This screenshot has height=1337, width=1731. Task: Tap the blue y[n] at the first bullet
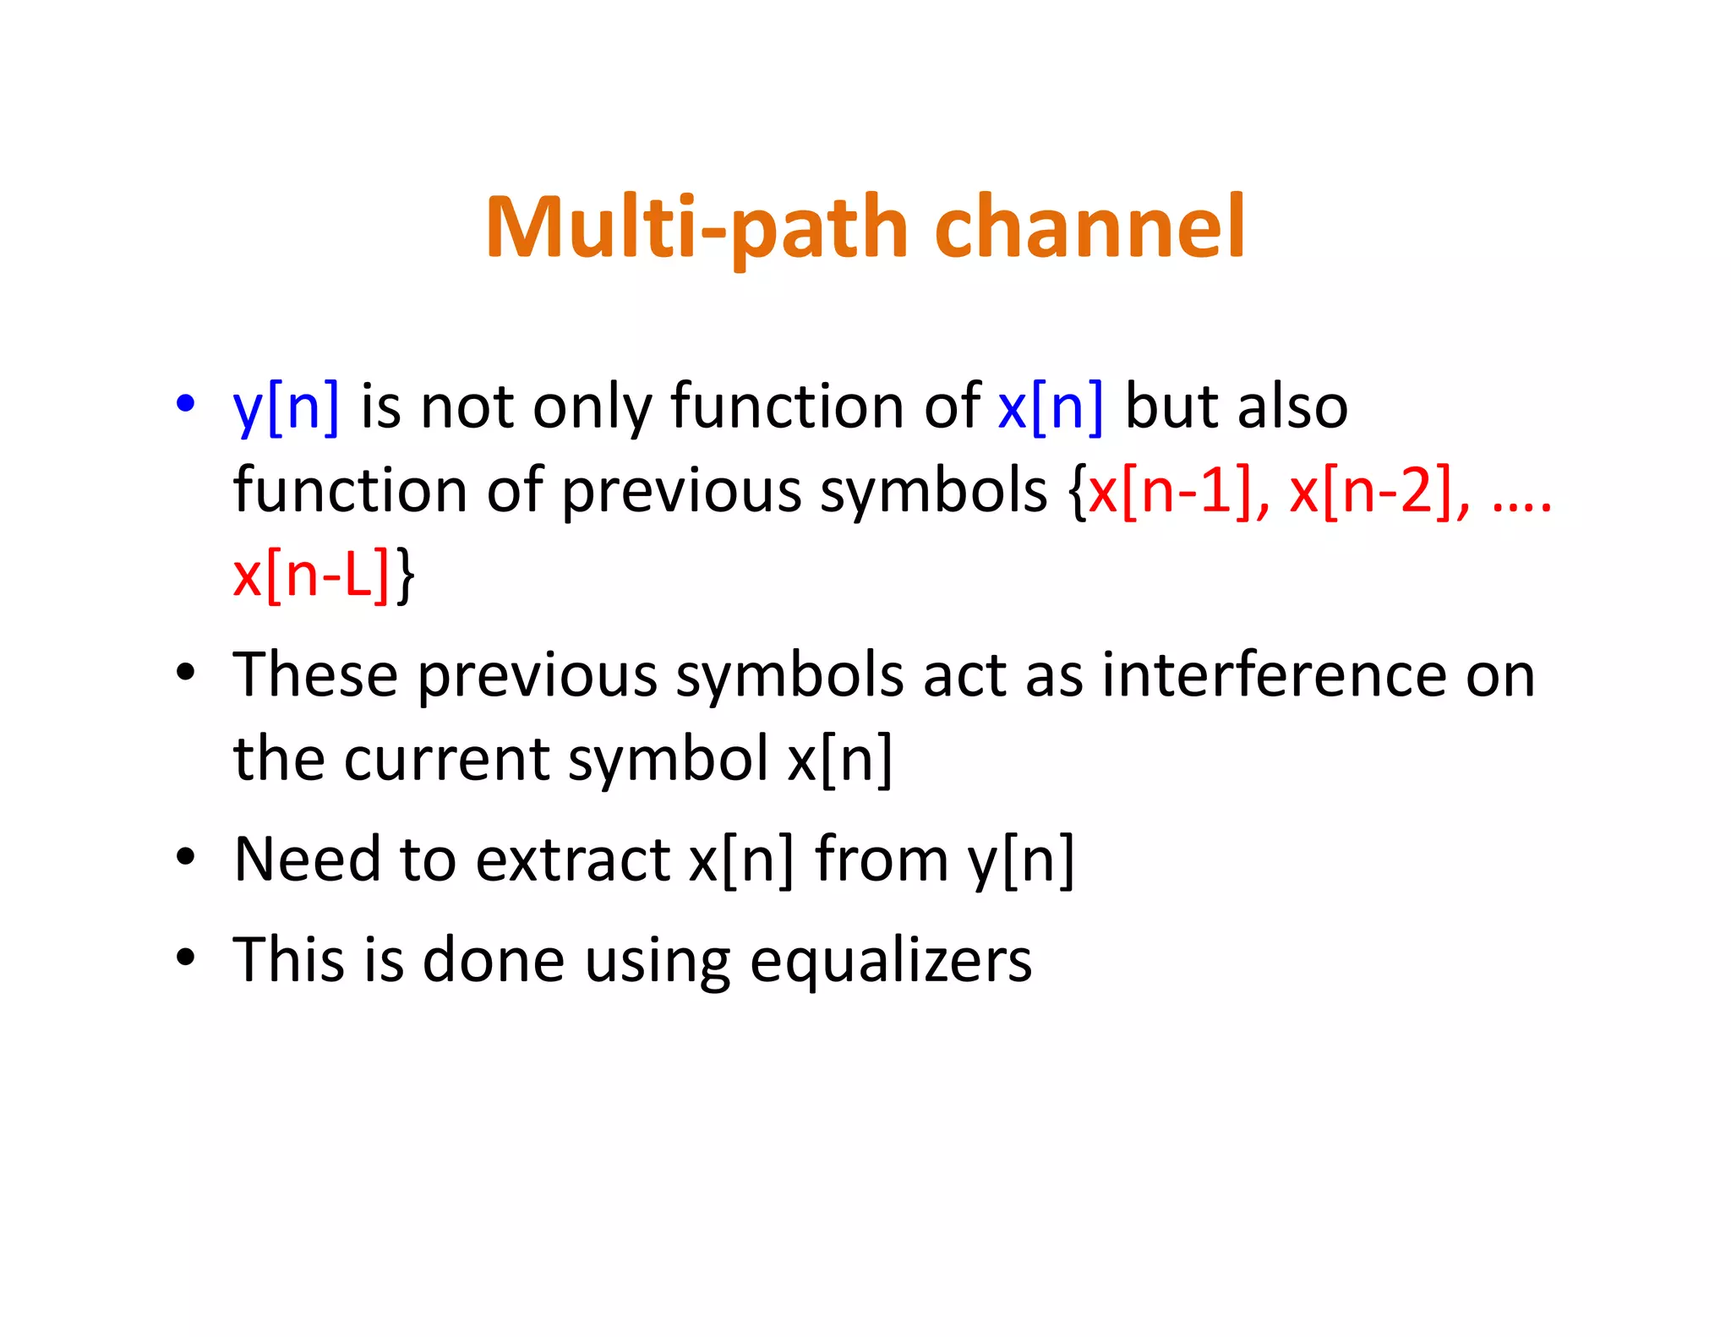click(286, 407)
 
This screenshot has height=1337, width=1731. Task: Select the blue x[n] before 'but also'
click(1051, 407)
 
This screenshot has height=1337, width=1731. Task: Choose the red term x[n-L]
click(310, 575)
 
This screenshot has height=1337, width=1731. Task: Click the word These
click(315, 675)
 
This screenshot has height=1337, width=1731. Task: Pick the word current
click(445, 759)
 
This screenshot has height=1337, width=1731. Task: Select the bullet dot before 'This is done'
click(185, 958)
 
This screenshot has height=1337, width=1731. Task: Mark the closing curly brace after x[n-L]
click(405, 575)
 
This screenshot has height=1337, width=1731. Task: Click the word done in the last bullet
click(493, 960)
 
